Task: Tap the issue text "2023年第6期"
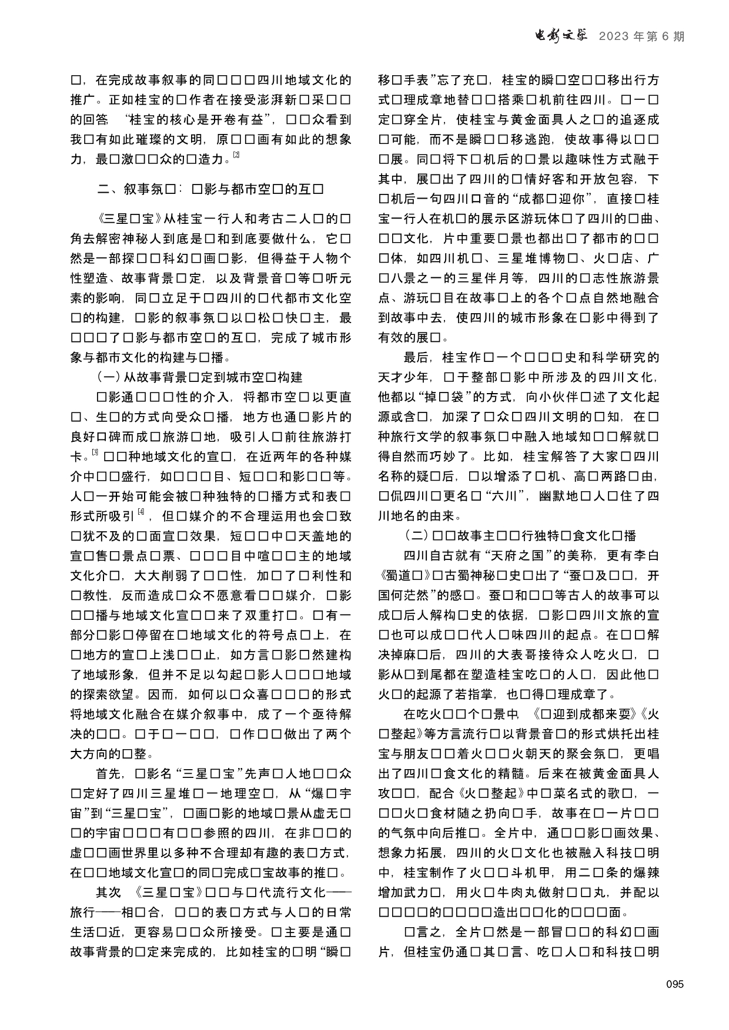click(641, 37)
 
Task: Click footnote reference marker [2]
click(236, 156)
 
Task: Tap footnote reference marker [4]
click(141, 512)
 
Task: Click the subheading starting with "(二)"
click(520, 535)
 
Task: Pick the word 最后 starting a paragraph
click(417, 357)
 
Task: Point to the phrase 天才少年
click(403, 377)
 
